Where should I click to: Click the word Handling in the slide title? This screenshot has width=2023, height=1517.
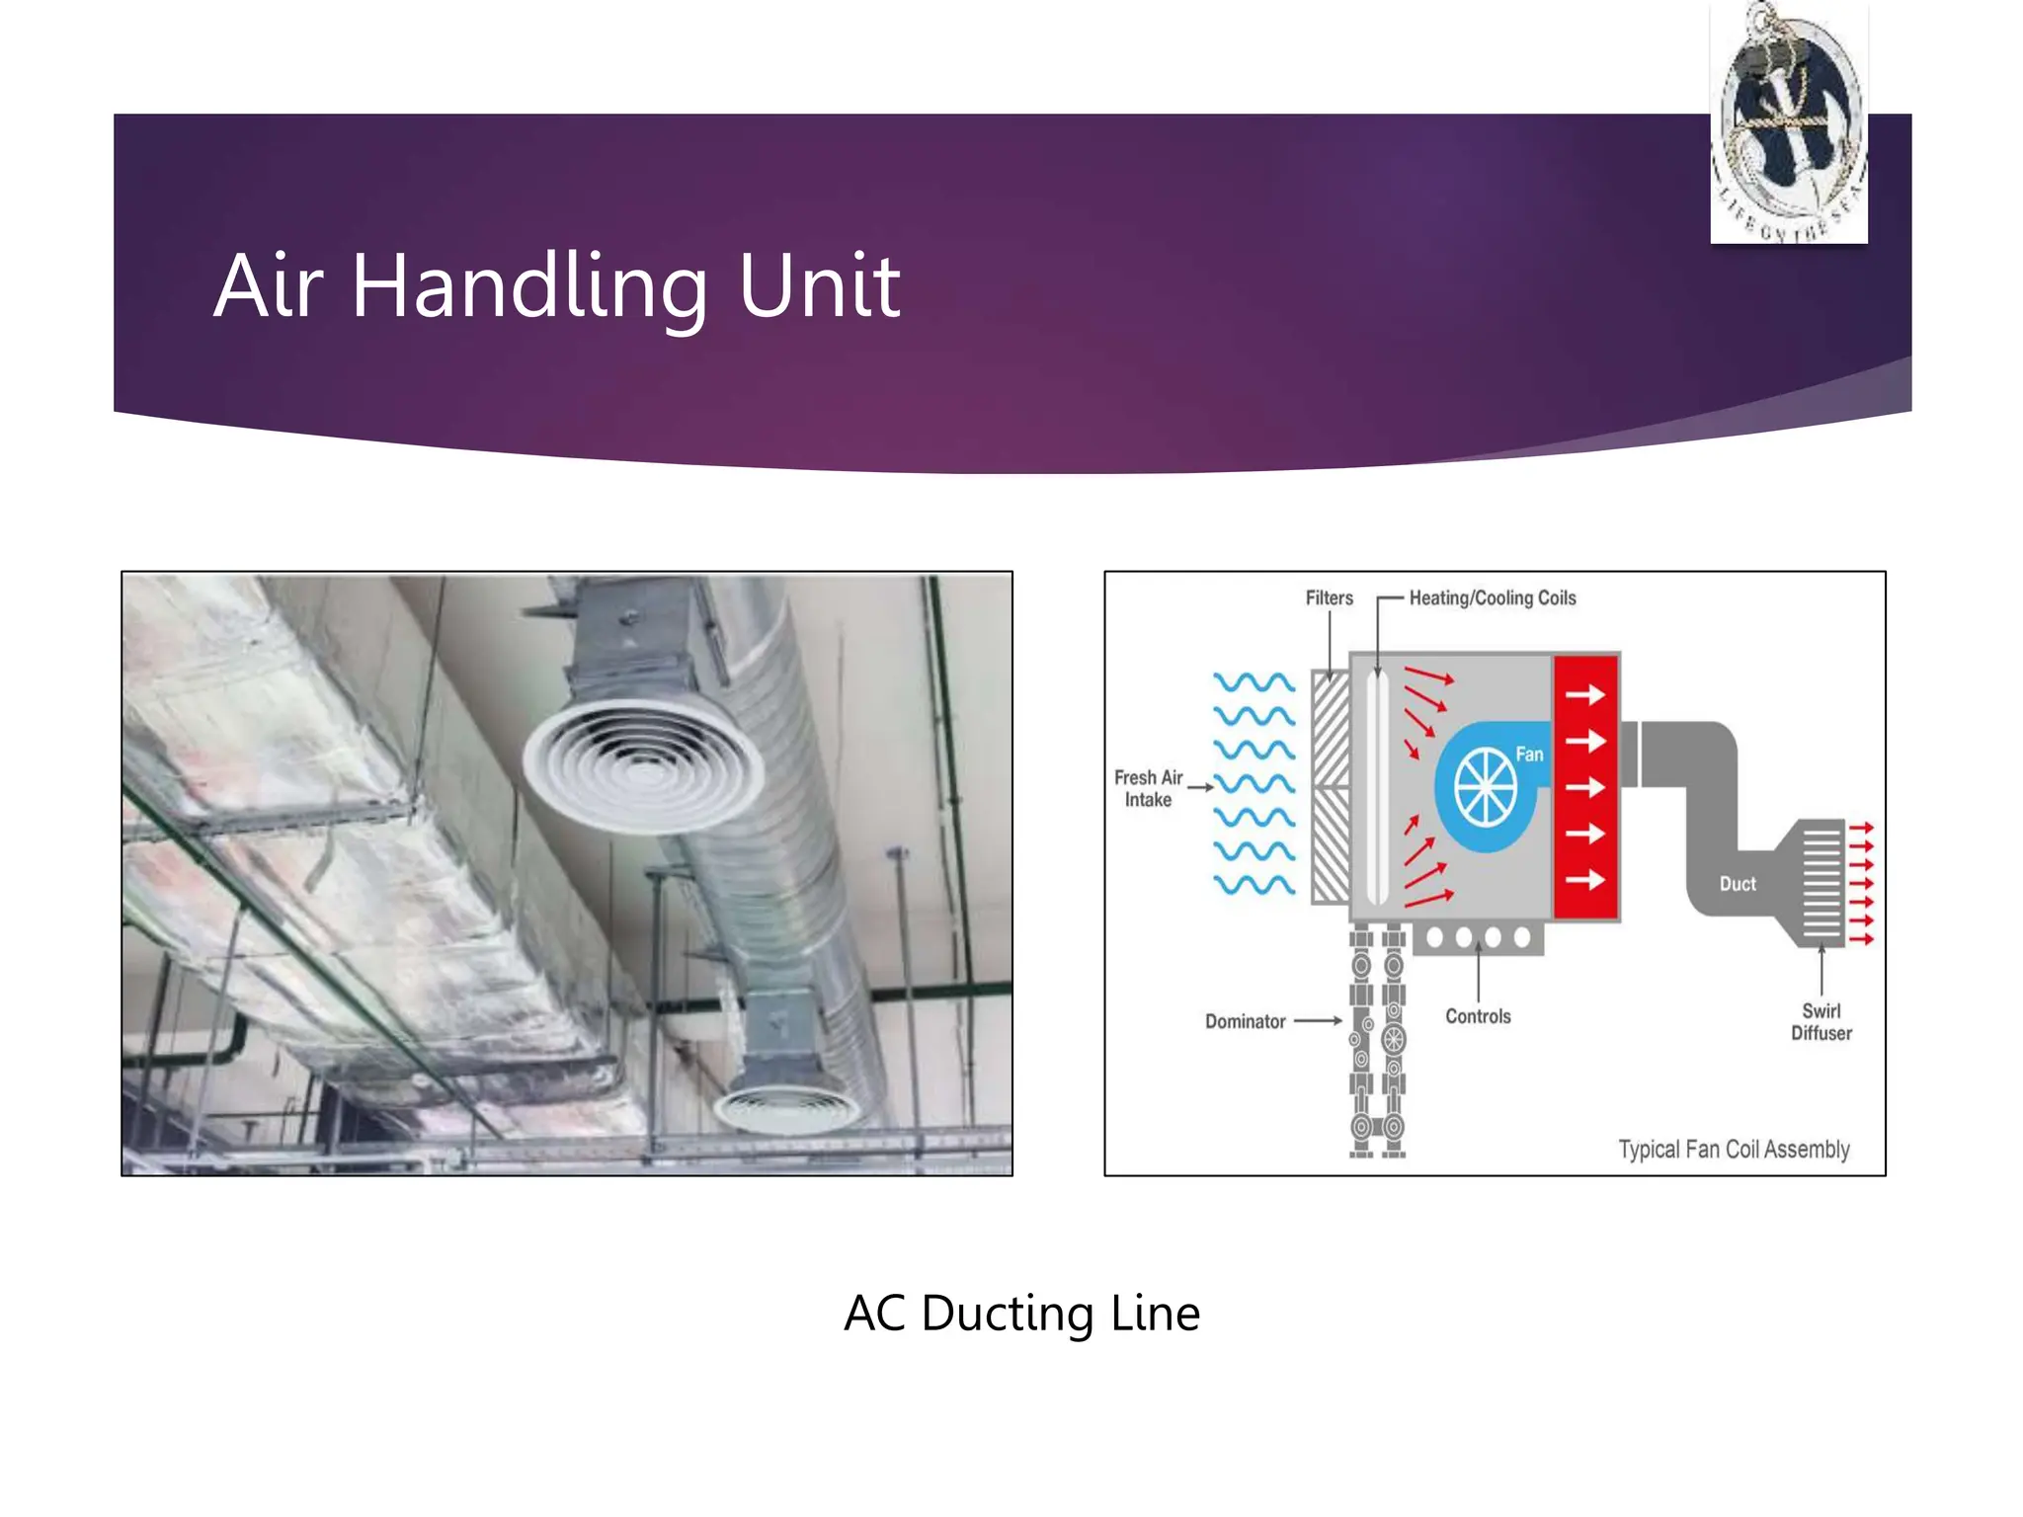pos(529,286)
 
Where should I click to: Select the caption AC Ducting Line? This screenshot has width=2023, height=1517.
pos(1021,1314)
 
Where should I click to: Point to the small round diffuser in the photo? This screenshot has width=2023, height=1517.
pos(788,1108)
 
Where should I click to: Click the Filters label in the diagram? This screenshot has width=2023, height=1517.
pos(1329,598)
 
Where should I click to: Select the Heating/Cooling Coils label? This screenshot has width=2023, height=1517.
pos(1492,598)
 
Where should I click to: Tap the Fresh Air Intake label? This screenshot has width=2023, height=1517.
pos(1148,788)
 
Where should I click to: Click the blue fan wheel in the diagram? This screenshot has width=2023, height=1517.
pos(1485,787)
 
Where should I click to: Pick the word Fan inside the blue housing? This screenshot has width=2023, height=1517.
pos(1529,755)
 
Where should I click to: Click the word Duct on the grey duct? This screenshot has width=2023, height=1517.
pos(1738,884)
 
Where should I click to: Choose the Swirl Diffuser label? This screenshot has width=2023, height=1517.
pos(1821,1022)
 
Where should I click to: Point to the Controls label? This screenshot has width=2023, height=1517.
pos(1478,1016)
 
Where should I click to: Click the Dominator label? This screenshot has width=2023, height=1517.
pos(1245,1021)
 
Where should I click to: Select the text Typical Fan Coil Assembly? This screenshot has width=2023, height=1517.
pos(1734,1150)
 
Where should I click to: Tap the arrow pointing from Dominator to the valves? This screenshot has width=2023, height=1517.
pos(1318,1020)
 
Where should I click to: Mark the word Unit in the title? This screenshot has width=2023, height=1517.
pos(819,286)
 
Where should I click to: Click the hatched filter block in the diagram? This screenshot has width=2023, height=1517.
pos(1331,787)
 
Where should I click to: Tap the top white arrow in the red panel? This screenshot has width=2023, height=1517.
pos(1584,695)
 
